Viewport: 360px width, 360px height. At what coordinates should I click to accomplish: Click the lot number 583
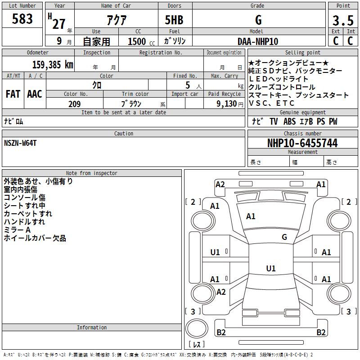22,19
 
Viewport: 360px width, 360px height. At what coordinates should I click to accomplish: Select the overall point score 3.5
343,20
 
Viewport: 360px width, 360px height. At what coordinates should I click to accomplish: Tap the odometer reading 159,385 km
53,65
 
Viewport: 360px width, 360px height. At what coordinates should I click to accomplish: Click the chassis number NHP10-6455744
302,143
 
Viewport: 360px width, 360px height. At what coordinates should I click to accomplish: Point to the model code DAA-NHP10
258,41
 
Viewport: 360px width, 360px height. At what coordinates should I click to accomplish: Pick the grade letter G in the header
258,20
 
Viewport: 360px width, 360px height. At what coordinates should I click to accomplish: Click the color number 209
74,104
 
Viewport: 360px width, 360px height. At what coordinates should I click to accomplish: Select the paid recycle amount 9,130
227,104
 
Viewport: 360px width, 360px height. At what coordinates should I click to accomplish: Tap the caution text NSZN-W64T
20,143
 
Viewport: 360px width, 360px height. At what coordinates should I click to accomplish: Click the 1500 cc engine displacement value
141,41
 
